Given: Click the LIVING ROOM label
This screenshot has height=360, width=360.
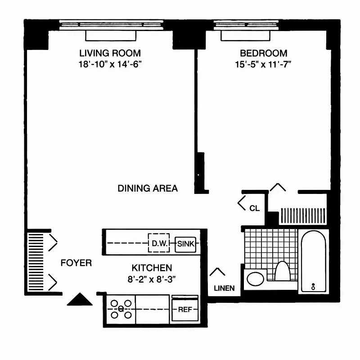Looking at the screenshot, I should [110, 53].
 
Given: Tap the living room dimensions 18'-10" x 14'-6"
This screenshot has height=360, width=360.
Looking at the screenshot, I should [110, 64].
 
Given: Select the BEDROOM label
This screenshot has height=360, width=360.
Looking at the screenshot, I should [263, 53].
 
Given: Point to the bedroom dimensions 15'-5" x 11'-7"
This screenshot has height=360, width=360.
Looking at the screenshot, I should [263, 64].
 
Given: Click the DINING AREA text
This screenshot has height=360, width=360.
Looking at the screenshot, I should [148, 188].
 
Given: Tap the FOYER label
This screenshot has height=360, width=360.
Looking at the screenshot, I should [76, 263].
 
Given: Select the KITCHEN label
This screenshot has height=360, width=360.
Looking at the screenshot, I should [152, 267].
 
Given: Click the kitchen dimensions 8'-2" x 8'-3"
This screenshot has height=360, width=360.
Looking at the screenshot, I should [152, 279].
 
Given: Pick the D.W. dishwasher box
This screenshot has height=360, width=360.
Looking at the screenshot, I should [159, 243].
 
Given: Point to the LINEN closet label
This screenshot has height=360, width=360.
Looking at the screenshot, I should [224, 288].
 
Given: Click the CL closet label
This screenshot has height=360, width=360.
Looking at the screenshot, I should [254, 208].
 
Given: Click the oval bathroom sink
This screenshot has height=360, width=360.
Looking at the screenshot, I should [255, 279].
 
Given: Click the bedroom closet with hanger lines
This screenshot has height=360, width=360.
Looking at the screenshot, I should [302, 216].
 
